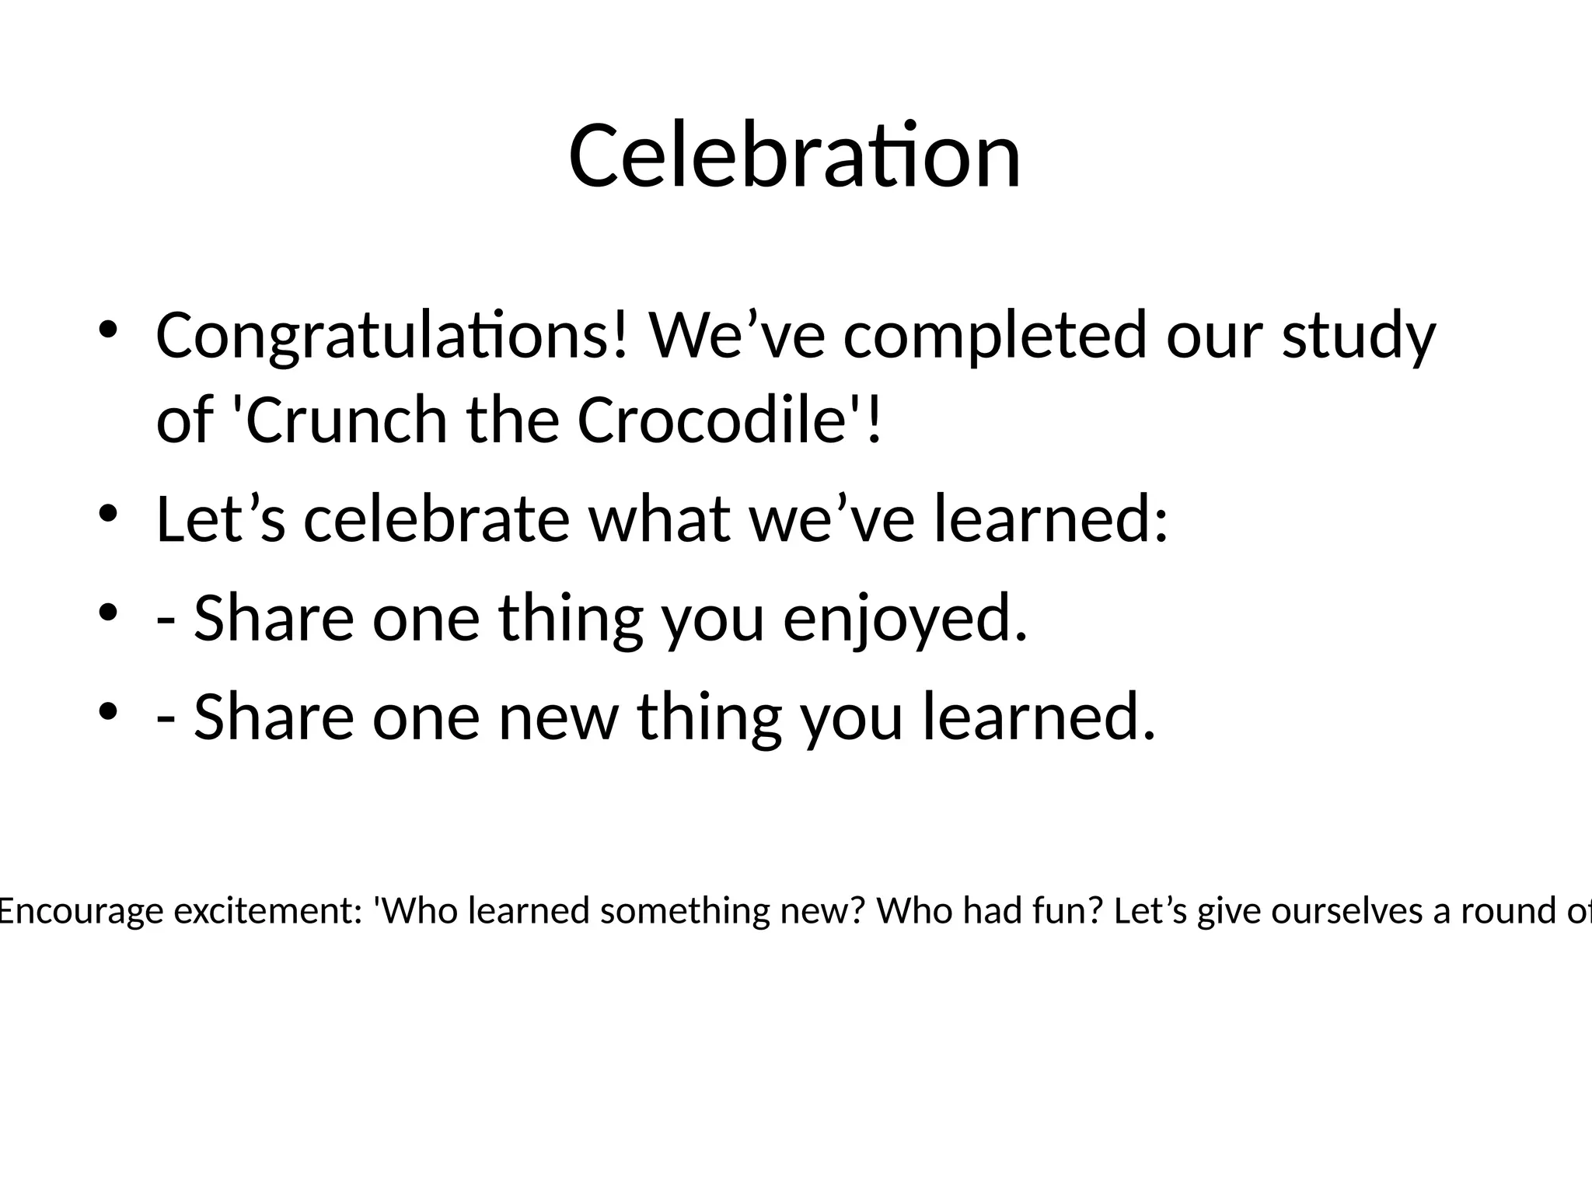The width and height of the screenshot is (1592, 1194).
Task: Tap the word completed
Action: pyautogui.click(x=995, y=336)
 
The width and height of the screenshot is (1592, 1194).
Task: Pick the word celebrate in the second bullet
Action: pyautogui.click(x=437, y=519)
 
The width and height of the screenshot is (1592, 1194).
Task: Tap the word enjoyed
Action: pyautogui.click(x=905, y=619)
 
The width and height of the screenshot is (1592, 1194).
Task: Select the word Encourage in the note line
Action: pyautogui.click(x=81, y=911)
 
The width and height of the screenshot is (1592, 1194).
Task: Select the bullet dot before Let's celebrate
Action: pyautogui.click(x=108, y=514)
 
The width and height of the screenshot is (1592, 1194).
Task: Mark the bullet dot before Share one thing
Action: pyautogui.click(x=108, y=613)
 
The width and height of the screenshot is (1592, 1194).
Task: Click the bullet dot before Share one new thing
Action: pyautogui.click(x=108, y=711)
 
